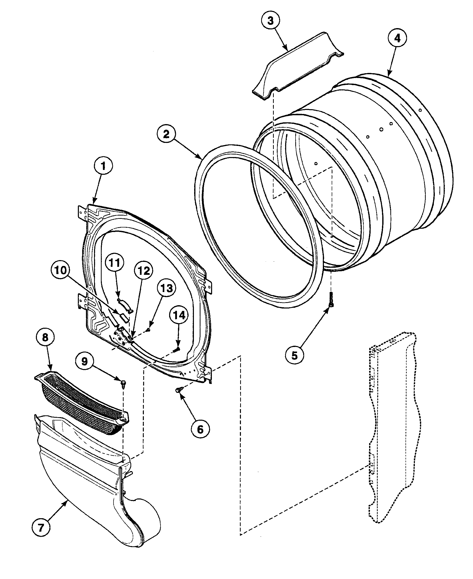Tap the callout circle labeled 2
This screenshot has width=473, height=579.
point(166,133)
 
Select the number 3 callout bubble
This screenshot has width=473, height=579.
point(270,21)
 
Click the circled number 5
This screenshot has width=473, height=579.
point(295,355)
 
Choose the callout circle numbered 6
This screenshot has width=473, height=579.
point(200,429)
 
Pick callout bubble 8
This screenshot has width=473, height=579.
point(45,337)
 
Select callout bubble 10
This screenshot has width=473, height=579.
point(60,271)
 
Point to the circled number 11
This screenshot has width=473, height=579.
point(115,263)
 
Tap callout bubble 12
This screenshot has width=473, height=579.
point(144,271)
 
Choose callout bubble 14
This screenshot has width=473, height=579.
point(179,315)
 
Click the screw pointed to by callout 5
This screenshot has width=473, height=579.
point(331,299)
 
